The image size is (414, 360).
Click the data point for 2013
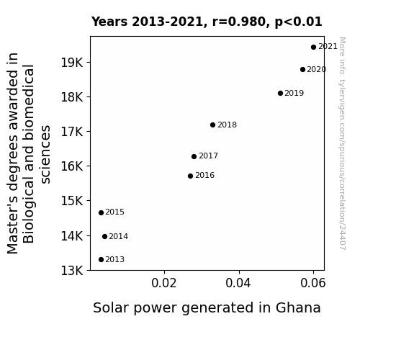pos(101,260)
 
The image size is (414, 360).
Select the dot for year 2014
pos(105,236)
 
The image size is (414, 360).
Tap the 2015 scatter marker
pos(101,212)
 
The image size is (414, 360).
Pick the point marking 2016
pos(190,176)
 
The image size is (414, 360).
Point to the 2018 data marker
pos(213,125)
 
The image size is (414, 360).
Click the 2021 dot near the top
pos(313,48)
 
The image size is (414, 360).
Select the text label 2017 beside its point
pos(208,156)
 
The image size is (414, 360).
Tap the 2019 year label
pos(294,93)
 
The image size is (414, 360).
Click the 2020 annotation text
pos(317,69)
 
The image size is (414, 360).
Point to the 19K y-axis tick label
pos(72,63)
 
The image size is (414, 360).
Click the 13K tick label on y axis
pos(72,271)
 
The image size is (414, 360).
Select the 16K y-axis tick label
pos(72,166)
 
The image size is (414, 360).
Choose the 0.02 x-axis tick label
pos(164,283)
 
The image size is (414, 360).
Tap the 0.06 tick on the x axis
pos(313,283)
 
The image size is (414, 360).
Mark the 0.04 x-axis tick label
pos(238,283)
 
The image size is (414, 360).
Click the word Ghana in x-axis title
pos(298,308)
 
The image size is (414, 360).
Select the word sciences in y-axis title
pos(45,155)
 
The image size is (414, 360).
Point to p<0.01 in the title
pos(298,22)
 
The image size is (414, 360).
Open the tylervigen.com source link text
pos(342,143)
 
